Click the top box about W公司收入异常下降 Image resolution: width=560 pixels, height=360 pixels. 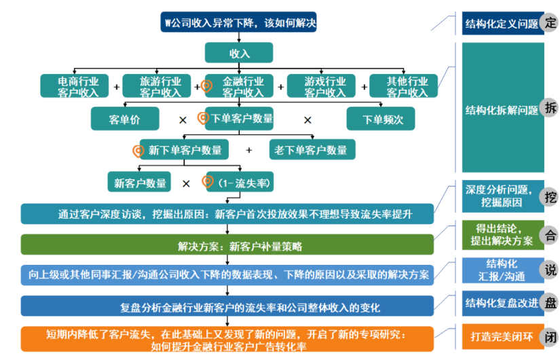click(x=239, y=22)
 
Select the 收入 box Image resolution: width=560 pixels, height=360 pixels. click(x=239, y=53)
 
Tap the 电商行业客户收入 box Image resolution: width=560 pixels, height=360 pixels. click(x=78, y=86)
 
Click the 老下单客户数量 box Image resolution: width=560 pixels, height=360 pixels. click(x=312, y=149)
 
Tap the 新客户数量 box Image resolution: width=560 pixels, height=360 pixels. click(x=140, y=183)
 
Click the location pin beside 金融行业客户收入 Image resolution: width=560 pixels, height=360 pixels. click(x=207, y=86)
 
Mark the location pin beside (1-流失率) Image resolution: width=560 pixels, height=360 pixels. click(x=208, y=181)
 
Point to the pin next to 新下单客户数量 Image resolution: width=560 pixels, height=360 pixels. click(x=138, y=149)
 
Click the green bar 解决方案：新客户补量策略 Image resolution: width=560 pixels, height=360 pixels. click(x=227, y=245)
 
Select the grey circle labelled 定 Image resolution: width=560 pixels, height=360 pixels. click(x=550, y=22)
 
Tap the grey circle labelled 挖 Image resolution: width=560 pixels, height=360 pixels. click(x=550, y=197)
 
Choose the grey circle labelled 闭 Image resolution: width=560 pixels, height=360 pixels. click(x=550, y=337)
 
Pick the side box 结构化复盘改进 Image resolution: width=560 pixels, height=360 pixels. click(x=501, y=302)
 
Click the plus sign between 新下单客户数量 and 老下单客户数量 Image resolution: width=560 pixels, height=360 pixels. click(x=249, y=150)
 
